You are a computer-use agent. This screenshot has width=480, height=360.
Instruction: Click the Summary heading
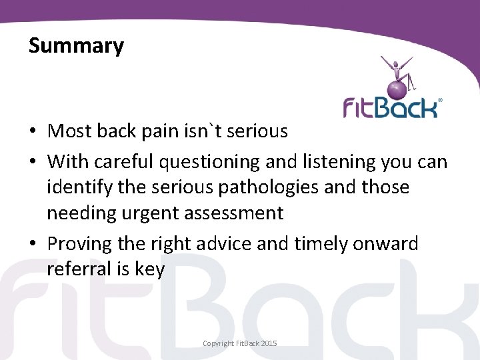(76, 46)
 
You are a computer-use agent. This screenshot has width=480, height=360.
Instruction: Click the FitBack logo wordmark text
(389, 107)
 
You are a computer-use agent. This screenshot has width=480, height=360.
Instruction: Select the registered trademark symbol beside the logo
(439, 101)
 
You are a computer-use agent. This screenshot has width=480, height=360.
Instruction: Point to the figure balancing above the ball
(397, 69)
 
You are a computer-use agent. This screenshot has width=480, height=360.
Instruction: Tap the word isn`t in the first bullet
(204, 131)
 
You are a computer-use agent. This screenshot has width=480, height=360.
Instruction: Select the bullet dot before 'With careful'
(33, 162)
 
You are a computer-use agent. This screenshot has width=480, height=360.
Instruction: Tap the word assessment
(236, 213)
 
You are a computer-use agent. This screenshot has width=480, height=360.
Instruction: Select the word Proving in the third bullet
(79, 244)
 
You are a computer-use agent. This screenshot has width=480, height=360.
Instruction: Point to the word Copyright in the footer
(219, 343)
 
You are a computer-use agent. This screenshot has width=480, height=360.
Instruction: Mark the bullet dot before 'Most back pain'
(33, 131)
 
